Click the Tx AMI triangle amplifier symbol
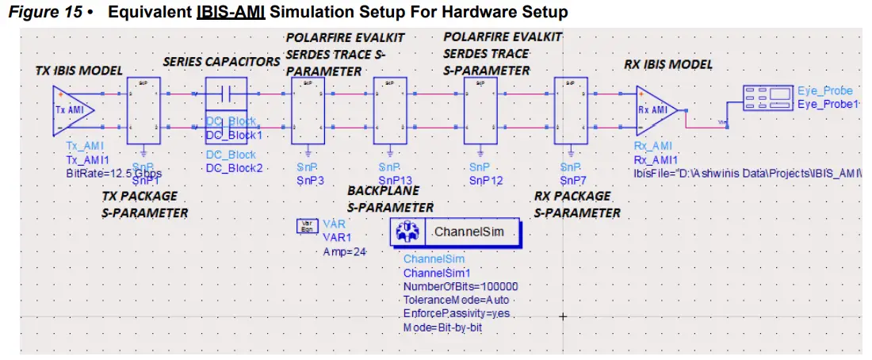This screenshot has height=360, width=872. (x=74, y=110)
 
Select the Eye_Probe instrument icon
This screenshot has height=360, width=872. (x=767, y=99)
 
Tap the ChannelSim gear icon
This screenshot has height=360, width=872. (x=409, y=233)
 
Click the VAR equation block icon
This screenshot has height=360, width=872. (x=305, y=228)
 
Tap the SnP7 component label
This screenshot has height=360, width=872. (x=572, y=180)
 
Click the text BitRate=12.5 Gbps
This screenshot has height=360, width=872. (x=108, y=172)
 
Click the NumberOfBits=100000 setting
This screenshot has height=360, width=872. (x=460, y=286)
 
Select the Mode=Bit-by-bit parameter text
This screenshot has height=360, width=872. (x=442, y=327)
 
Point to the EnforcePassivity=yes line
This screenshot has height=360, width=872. (x=456, y=313)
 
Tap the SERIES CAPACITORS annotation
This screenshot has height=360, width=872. (x=221, y=61)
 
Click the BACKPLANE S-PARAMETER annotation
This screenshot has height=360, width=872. (x=390, y=199)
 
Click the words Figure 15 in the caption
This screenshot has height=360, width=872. (x=44, y=13)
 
